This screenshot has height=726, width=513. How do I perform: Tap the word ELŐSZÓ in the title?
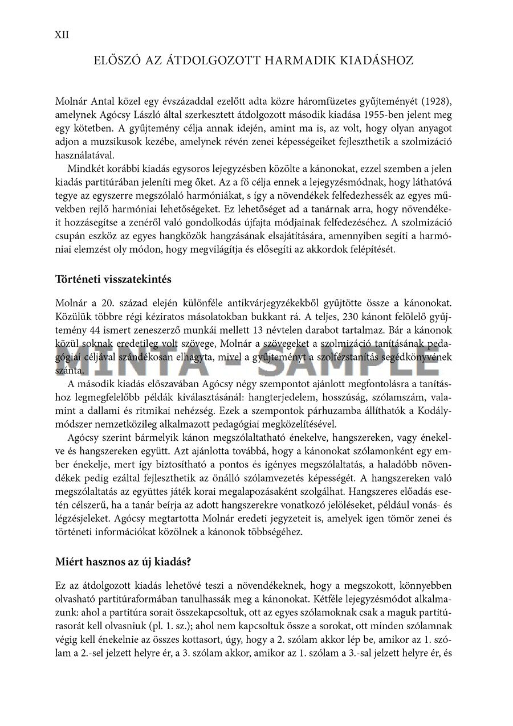click(x=122, y=60)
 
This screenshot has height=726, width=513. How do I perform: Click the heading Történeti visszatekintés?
click(x=113, y=280)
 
